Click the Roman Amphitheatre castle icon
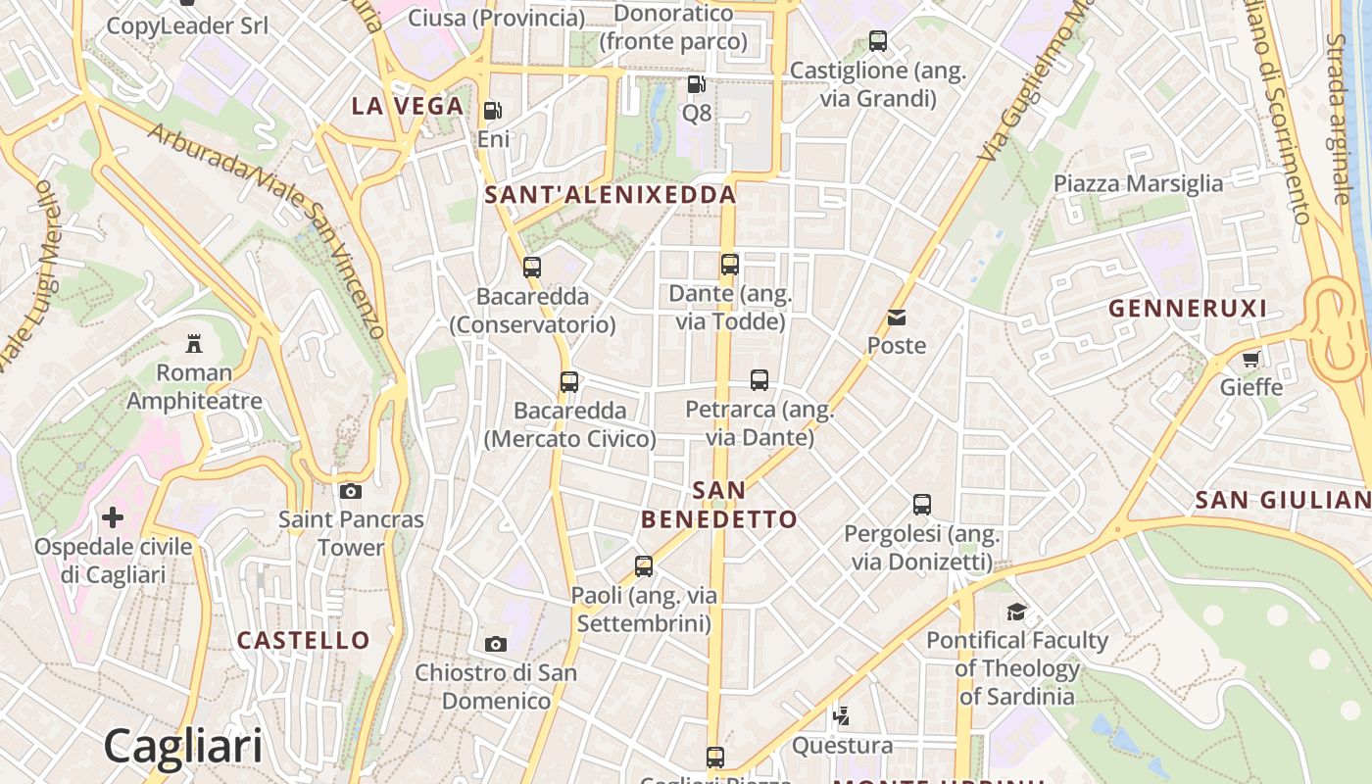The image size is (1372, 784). (194, 344)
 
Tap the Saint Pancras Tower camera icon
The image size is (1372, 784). (351, 491)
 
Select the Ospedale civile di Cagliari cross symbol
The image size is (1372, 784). (113, 516)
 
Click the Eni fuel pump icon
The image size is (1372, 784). (493, 111)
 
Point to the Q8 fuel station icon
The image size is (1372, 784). (696, 85)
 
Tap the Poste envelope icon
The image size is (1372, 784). (897, 317)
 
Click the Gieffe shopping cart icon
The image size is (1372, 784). (1250, 359)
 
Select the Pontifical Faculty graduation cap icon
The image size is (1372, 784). (1017, 612)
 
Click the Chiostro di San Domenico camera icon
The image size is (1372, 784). (496, 644)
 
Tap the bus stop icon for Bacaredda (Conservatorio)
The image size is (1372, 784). (532, 267)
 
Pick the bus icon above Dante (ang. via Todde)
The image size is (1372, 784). (730, 264)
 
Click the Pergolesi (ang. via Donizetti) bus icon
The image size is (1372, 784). (922, 505)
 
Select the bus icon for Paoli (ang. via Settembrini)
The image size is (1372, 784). (644, 565)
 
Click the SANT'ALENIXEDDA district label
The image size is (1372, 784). (610, 195)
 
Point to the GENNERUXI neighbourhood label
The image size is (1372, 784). (1187, 309)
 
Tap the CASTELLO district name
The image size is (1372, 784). (304, 641)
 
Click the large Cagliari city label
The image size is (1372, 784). (183, 746)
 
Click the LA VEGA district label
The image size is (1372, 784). (407, 107)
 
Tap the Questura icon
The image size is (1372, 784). (841, 716)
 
